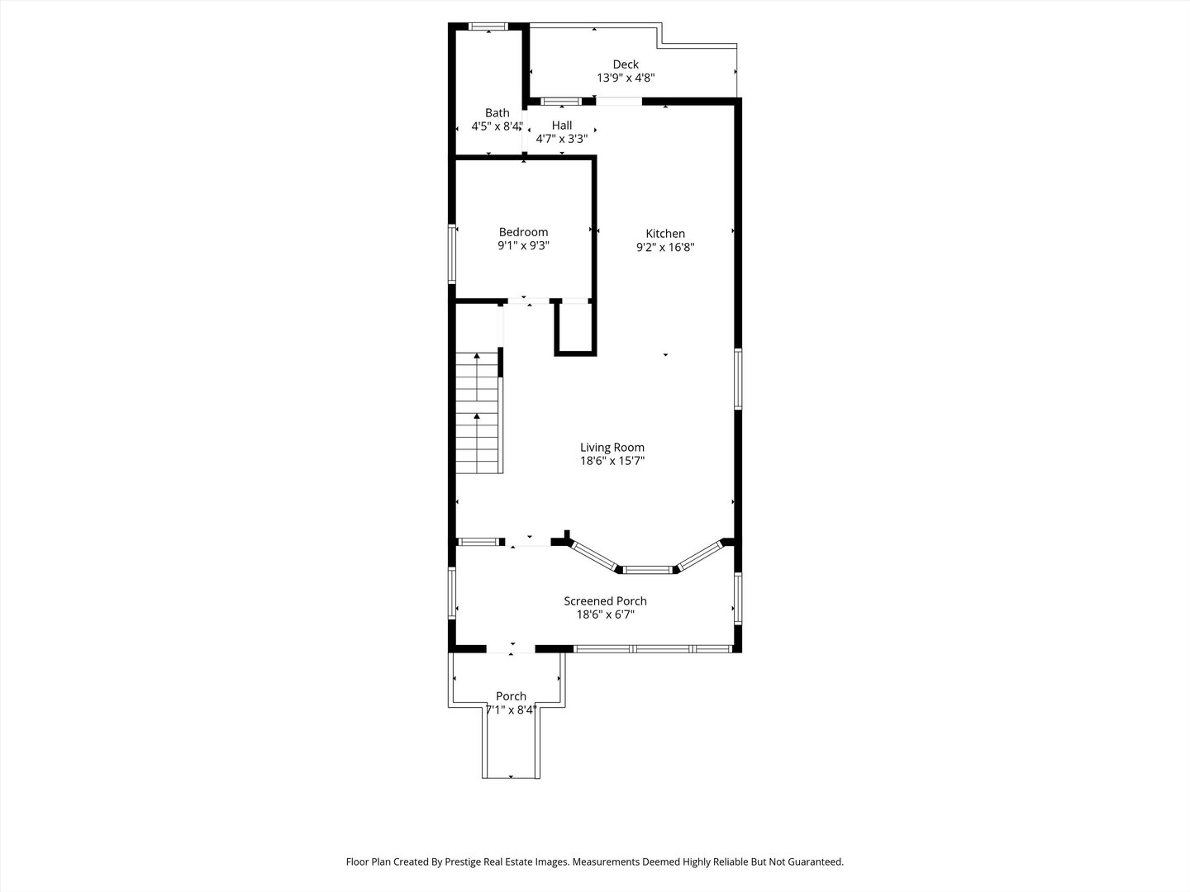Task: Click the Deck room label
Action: [625, 64]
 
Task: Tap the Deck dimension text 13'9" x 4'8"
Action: [626, 78]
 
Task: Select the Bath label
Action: [497, 113]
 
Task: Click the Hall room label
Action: [562, 126]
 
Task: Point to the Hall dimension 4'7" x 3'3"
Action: [562, 140]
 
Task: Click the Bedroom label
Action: [523, 232]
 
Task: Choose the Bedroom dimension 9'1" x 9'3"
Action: [523, 246]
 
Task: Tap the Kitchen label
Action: [665, 234]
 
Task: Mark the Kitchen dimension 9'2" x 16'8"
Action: [665, 247]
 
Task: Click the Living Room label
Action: [612, 448]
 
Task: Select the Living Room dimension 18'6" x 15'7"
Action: [612, 462]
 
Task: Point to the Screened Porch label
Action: [605, 601]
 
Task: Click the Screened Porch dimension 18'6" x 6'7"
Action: [605, 614]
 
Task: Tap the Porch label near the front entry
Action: [511, 696]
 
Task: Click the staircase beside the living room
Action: [478, 413]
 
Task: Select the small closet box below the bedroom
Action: [574, 329]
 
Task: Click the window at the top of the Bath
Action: [488, 27]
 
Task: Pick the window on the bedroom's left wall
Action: [452, 253]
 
